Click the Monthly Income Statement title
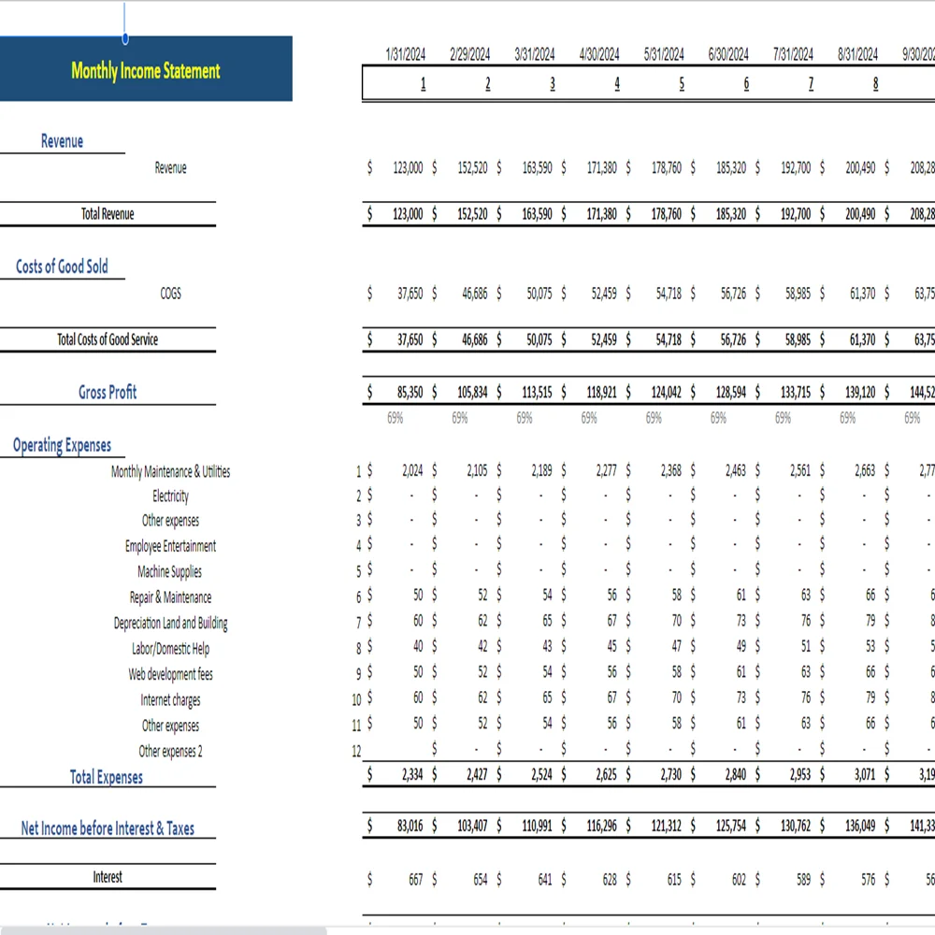click(x=146, y=70)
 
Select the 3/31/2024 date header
click(x=535, y=54)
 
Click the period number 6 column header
click(x=746, y=84)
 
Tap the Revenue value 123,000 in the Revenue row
click(x=408, y=168)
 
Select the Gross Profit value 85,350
click(x=408, y=392)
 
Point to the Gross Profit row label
click(x=108, y=392)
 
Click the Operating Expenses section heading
click(x=62, y=445)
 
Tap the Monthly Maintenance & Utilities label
click(x=170, y=471)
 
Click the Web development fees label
click(x=170, y=674)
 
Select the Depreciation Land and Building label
click(x=170, y=623)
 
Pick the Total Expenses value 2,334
click(x=411, y=775)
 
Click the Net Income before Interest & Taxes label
click(x=108, y=828)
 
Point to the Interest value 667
click(x=415, y=879)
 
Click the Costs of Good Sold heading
click(x=62, y=266)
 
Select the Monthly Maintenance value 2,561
click(x=800, y=471)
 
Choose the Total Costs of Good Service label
click(x=108, y=339)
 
